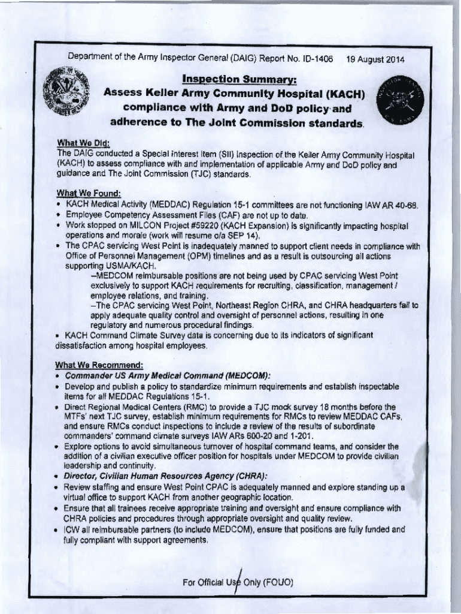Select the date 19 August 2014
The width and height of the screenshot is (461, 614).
click(x=375, y=60)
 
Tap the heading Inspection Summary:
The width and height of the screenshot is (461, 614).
click(x=231, y=80)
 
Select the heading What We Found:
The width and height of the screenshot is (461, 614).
click(x=88, y=193)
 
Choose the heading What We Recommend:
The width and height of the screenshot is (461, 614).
click(x=99, y=365)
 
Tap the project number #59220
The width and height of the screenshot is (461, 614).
click(x=227, y=225)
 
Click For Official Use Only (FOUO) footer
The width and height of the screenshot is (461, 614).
click(x=238, y=582)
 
